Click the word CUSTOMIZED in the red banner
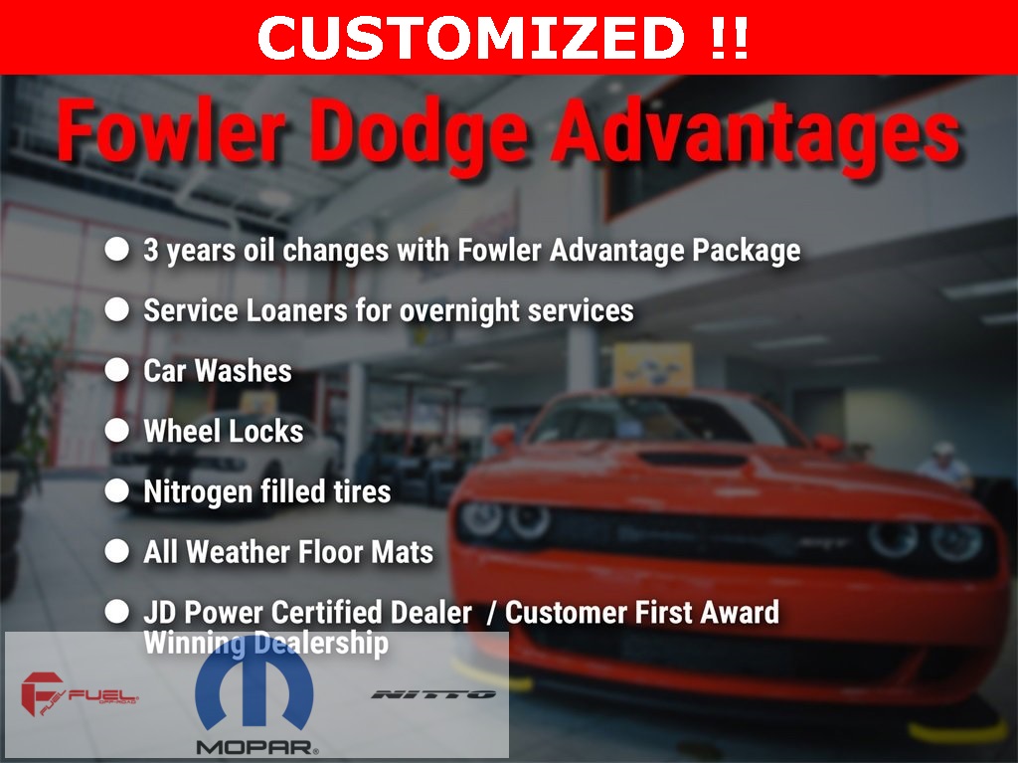pos(470,37)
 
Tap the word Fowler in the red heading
pos(172,130)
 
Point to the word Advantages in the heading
pos(756,134)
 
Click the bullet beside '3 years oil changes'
pos(117,250)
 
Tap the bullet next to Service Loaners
pos(117,310)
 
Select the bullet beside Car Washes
pos(117,370)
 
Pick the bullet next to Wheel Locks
pos(117,431)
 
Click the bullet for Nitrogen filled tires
pos(117,491)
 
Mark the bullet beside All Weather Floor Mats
pos(117,552)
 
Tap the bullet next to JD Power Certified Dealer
pos(117,612)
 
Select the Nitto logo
pos(433,694)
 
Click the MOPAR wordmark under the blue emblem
pos(257,747)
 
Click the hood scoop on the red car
pos(692,460)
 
